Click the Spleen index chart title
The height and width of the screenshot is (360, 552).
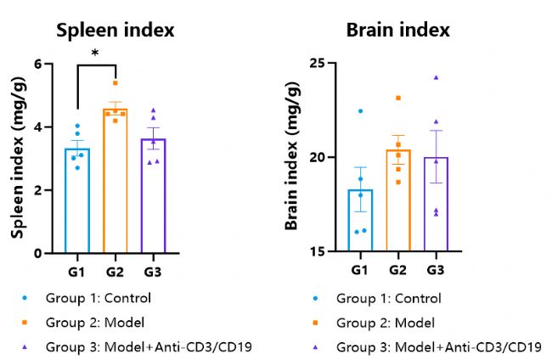tap(115, 31)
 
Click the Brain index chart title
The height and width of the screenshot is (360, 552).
tap(397, 31)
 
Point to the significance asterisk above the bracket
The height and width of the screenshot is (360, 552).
tap(95, 53)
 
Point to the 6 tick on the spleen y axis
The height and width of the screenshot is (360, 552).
tap(38, 64)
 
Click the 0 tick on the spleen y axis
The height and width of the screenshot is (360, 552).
tap(38, 253)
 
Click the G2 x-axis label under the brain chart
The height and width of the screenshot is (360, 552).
tap(398, 269)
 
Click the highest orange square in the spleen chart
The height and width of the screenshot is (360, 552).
tap(115, 83)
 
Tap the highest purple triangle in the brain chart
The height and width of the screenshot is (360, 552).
tap(436, 77)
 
